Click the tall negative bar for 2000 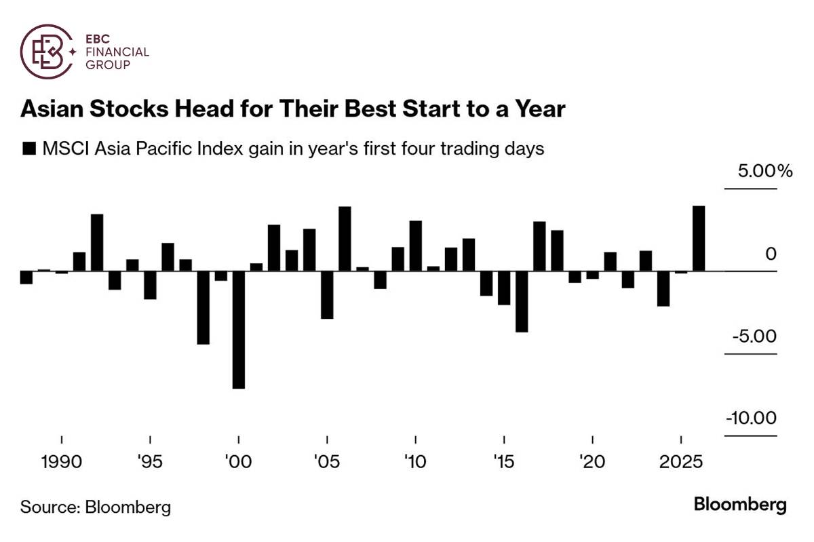pos(238,330)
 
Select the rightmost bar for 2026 pos(699,239)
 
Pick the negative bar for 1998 pos(203,308)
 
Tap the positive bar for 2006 pos(345,239)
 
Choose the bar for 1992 pos(97,243)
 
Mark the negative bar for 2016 pos(522,302)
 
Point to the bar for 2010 pos(415,246)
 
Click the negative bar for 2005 pos(327,295)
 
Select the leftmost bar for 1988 pos(26,277)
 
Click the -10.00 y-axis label pos(751,418)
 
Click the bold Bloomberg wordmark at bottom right pos(740,505)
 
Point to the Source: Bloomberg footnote pos(95,507)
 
